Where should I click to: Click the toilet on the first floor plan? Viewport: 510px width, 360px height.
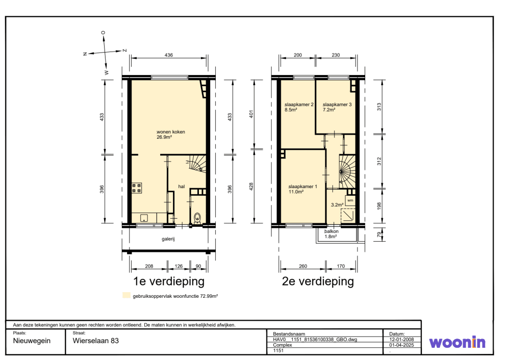197,218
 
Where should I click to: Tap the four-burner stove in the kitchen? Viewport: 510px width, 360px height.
137,188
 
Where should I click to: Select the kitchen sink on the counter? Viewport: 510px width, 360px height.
144,218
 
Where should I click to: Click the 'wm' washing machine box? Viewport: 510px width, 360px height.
350,200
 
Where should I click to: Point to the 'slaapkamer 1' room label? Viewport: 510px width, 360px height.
302,187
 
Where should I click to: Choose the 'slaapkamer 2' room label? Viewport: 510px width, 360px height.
299,105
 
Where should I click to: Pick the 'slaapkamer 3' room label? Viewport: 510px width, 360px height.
337,105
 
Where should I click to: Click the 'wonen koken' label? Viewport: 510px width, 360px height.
171,132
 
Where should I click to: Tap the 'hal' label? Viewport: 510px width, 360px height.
182,187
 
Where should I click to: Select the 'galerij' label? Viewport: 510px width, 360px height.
168,239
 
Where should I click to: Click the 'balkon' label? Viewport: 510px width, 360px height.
331,231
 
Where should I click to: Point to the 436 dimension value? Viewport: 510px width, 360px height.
168,55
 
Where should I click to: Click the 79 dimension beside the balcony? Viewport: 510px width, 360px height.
379,234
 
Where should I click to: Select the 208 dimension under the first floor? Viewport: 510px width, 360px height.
149,266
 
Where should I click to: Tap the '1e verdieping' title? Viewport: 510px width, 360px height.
168,281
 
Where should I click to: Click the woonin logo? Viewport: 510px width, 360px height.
457,342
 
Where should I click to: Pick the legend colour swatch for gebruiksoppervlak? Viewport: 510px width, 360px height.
126,295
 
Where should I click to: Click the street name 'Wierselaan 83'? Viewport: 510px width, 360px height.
96,341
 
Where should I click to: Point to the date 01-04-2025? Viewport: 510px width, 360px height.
401,345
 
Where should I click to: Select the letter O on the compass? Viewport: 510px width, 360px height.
104,33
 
